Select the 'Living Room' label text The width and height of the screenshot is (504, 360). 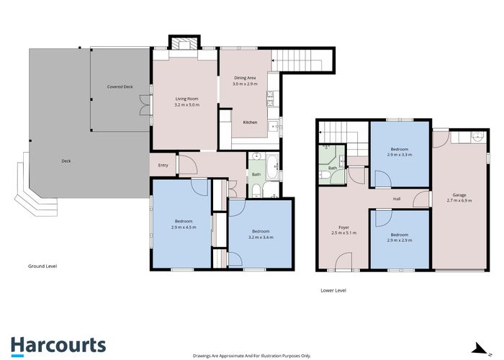click(x=186, y=99)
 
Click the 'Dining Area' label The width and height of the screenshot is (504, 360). click(x=245, y=78)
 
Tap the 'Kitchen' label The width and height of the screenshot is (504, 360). click(x=250, y=122)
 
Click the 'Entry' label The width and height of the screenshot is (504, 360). click(x=163, y=166)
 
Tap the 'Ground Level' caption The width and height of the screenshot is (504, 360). click(x=42, y=266)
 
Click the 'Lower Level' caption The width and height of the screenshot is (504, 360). click(x=333, y=290)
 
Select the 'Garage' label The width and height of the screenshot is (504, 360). click(x=459, y=194)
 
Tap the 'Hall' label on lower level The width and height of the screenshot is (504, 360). click(x=396, y=199)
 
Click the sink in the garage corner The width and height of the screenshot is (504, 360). click(x=475, y=137)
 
